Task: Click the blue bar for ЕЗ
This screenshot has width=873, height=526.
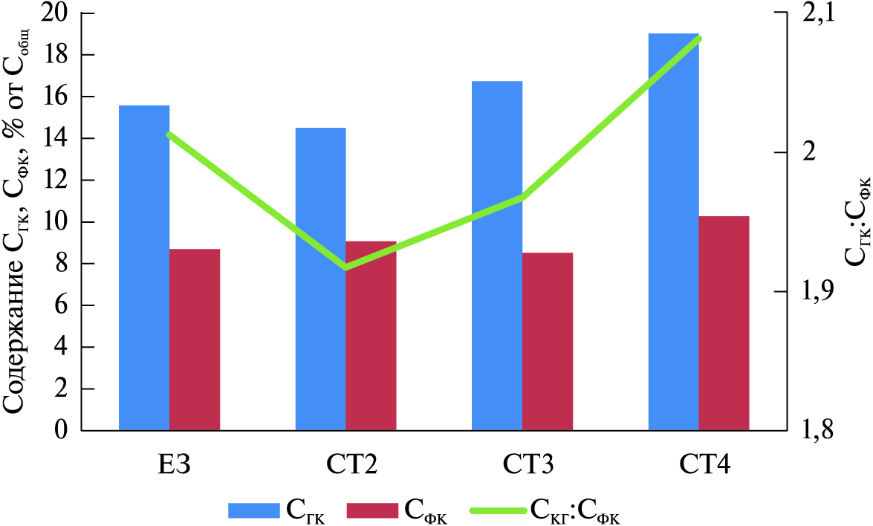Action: point(144,267)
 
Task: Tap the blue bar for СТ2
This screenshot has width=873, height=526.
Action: point(320,279)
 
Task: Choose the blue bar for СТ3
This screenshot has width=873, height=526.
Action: point(497,256)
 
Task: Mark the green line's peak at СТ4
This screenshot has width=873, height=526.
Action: point(699,38)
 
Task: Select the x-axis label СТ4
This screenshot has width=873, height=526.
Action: point(705,467)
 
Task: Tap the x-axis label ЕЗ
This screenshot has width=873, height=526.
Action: point(170,467)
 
